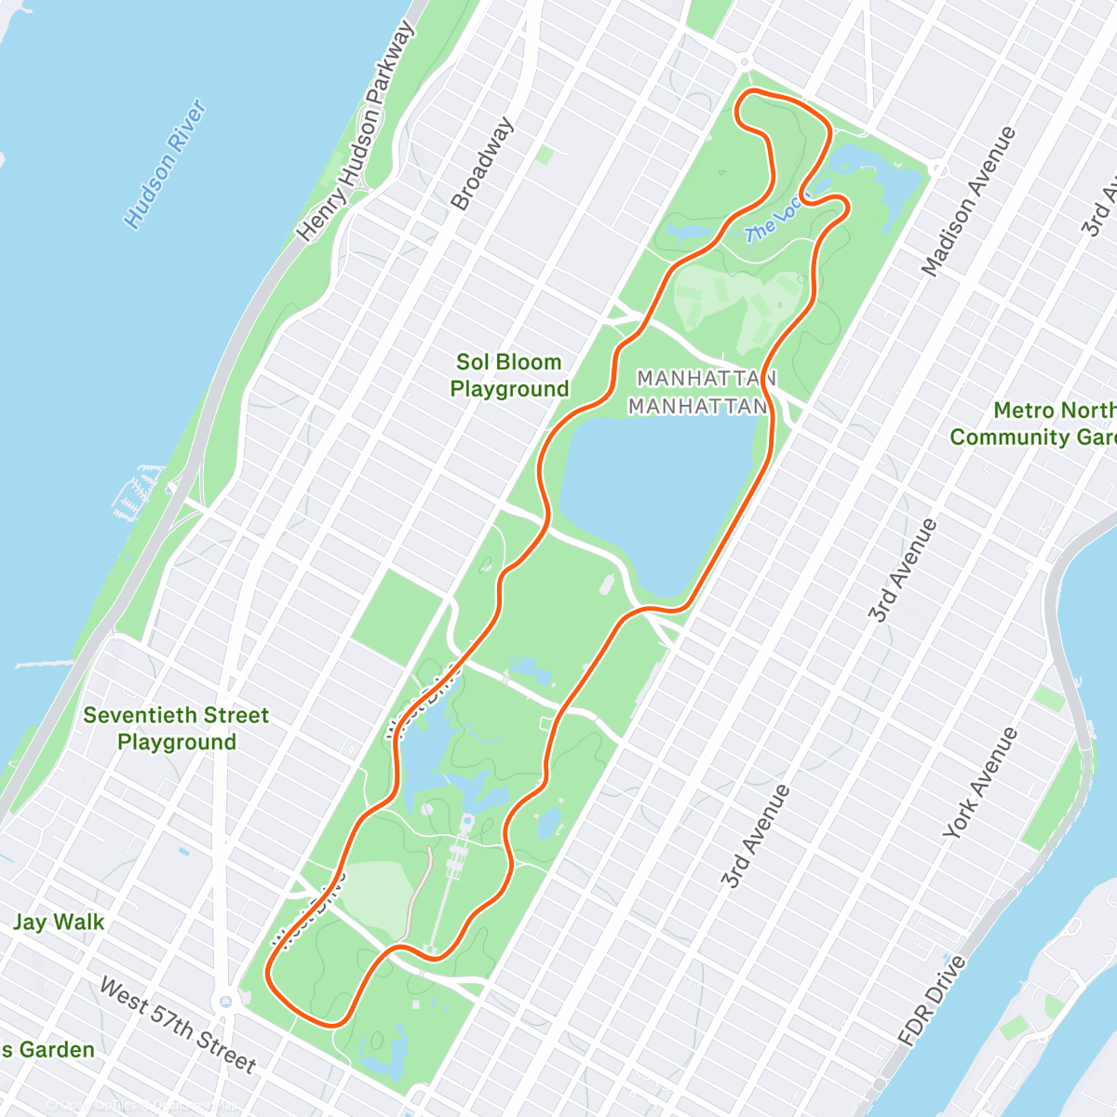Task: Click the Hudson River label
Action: [x=166, y=165]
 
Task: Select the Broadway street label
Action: [x=482, y=164]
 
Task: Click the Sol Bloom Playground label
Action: [x=509, y=375]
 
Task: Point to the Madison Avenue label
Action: [x=968, y=202]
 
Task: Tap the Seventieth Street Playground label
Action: [x=176, y=729]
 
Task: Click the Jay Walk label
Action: [x=59, y=922]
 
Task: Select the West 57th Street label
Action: [x=177, y=1024]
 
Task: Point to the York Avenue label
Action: [x=980, y=783]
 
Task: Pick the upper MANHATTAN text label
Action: [x=706, y=379]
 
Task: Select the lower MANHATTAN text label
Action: [x=697, y=407]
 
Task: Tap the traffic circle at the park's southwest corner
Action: [x=224, y=1002]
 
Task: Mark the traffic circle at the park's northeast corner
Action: [x=938, y=169]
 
